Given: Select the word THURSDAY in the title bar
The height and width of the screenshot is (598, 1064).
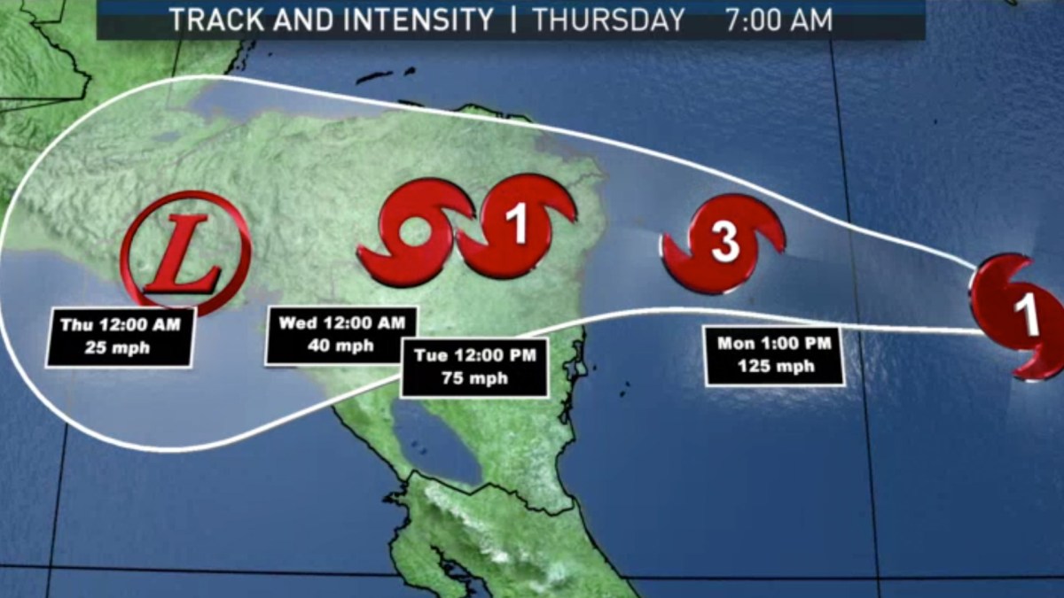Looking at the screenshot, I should coord(609,19).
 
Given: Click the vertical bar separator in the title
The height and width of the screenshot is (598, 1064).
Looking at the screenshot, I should coord(513,19).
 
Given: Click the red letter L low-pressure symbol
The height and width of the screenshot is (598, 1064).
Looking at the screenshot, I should coord(185,254).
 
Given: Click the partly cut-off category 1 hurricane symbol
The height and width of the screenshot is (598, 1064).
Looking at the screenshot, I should coord(1020,316).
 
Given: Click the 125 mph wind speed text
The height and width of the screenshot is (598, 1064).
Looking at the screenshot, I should coord(773,367).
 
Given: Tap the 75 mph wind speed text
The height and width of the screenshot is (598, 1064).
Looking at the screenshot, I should coord(473,378).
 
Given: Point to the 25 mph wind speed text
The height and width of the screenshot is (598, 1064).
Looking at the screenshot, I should coord(119,347).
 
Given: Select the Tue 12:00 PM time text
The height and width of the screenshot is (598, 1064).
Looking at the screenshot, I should coord(473,355).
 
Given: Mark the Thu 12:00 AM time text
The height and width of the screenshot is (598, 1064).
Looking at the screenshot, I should coord(119,325).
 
